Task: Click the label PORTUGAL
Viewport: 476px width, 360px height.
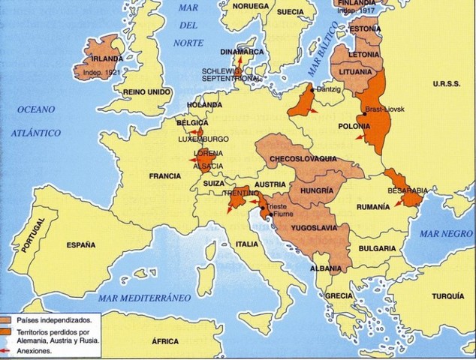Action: tap(35, 238)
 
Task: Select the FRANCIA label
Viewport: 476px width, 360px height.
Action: tap(165, 176)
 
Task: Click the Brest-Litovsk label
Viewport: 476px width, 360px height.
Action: tap(384, 109)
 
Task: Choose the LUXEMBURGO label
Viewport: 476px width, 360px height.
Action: tap(205, 139)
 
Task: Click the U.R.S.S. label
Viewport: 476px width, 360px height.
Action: tap(446, 84)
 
